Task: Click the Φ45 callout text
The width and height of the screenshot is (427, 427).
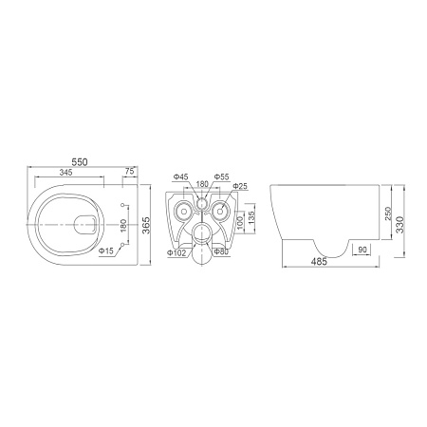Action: coord(182,176)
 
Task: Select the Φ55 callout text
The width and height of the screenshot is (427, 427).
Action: coord(222,176)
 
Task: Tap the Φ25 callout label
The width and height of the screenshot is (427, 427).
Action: coord(239,187)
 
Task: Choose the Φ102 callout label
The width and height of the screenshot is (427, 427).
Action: coord(176,252)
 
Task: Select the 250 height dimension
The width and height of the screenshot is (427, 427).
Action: coord(388,213)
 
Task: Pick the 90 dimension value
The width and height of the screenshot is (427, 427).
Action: coord(362,250)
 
